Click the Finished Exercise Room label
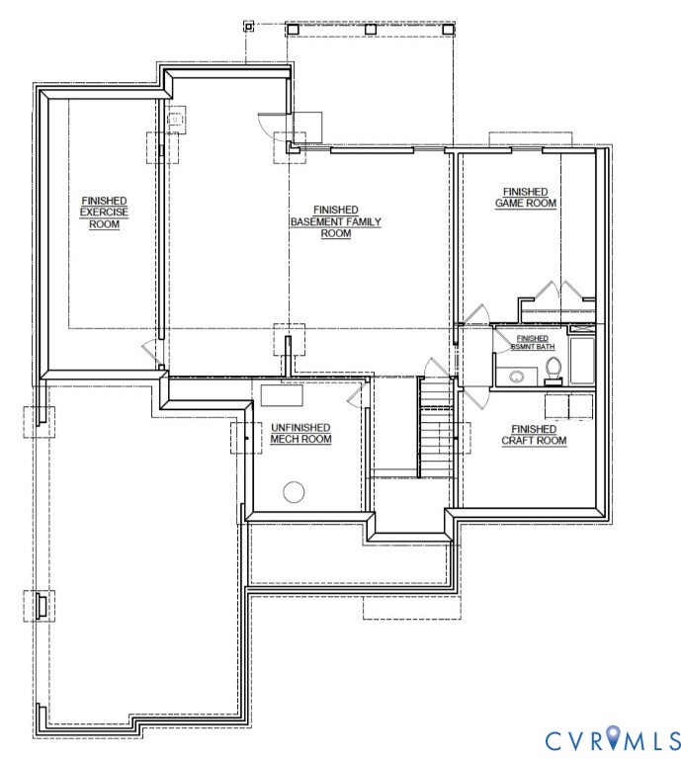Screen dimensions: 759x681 (104, 212)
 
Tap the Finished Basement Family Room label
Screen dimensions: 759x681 (335, 221)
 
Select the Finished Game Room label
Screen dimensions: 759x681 (526, 197)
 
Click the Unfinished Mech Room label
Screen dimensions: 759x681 (300, 434)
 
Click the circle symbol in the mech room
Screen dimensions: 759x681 (293, 491)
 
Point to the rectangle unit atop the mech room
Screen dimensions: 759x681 (283, 395)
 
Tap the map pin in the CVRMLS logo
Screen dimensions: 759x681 (614, 737)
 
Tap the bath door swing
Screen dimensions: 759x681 (476, 313)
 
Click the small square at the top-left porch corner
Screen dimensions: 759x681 (249, 27)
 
